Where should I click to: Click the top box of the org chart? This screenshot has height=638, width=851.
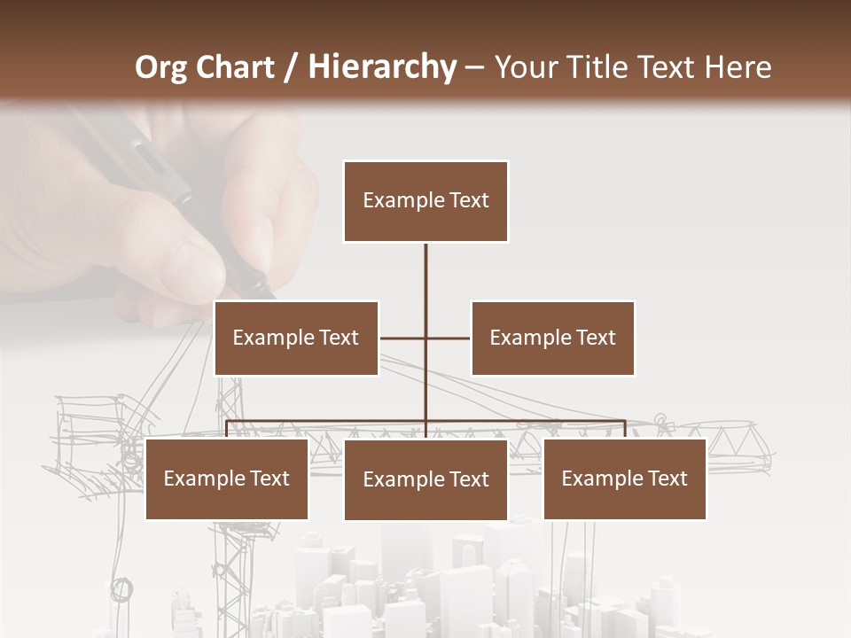(425, 201)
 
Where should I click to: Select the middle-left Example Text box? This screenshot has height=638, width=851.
(296, 338)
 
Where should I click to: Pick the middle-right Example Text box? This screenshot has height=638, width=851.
(552, 338)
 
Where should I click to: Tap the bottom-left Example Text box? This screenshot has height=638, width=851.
(226, 478)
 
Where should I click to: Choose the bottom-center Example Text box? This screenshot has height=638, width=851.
(425, 479)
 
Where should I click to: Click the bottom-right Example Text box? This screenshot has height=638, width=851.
(624, 478)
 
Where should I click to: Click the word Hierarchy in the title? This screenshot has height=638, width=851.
(382, 67)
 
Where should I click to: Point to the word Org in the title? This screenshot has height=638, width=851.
(160, 67)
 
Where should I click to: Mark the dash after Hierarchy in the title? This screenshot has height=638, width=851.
(474, 67)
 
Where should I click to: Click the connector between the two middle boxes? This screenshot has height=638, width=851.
(425, 338)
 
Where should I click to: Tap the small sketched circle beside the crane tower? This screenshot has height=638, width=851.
(121, 588)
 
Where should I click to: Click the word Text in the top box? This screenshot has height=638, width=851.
(468, 200)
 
